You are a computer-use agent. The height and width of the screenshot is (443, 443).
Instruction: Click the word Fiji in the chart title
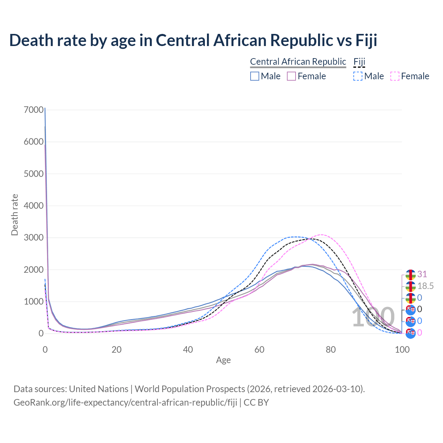pyautogui.click(x=366, y=40)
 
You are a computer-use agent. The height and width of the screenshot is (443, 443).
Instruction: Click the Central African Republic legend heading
pyautogui.click(x=298, y=62)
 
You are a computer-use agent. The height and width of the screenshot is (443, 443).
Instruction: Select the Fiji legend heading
pyautogui.click(x=359, y=62)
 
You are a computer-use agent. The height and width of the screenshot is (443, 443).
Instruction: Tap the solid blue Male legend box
pyautogui.click(x=255, y=76)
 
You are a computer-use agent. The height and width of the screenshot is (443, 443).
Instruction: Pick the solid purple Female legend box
pyautogui.click(x=291, y=76)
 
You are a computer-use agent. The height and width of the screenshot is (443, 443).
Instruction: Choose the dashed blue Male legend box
pyautogui.click(x=358, y=76)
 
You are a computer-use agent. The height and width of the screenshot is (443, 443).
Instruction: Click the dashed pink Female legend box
pyautogui.click(x=395, y=76)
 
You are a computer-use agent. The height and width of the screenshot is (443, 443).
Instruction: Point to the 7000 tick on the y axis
pyautogui.click(x=34, y=110)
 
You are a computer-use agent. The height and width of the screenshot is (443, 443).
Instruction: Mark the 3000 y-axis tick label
pyautogui.click(x=34, y=238)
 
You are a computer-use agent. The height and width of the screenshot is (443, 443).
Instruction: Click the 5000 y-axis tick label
pyautogui.click(x=34, y=174)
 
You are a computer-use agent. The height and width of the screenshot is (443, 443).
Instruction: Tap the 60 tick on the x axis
pyautogui.click(x=259, y=350)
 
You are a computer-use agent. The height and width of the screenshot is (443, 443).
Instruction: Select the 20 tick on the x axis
pyautogui.click(x=116, y=350)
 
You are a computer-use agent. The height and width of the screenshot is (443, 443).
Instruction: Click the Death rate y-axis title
pyautogui.click(x=15, y=215)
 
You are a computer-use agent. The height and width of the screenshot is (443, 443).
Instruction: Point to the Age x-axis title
pyautogui.click(x=223, y=360)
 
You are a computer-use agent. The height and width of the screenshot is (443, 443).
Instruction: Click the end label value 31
pyautogui.click(x=422, y=274)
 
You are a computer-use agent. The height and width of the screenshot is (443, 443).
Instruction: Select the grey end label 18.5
pyautogui.click(x=425, y=286)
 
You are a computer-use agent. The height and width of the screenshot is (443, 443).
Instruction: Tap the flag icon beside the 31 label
pyautogui.click(x=410, y=274)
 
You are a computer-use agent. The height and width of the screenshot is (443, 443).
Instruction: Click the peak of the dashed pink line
pyautogui.click(x=321, y=235)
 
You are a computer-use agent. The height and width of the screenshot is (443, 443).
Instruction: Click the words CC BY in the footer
pyautogui.click(x=256, y=403)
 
